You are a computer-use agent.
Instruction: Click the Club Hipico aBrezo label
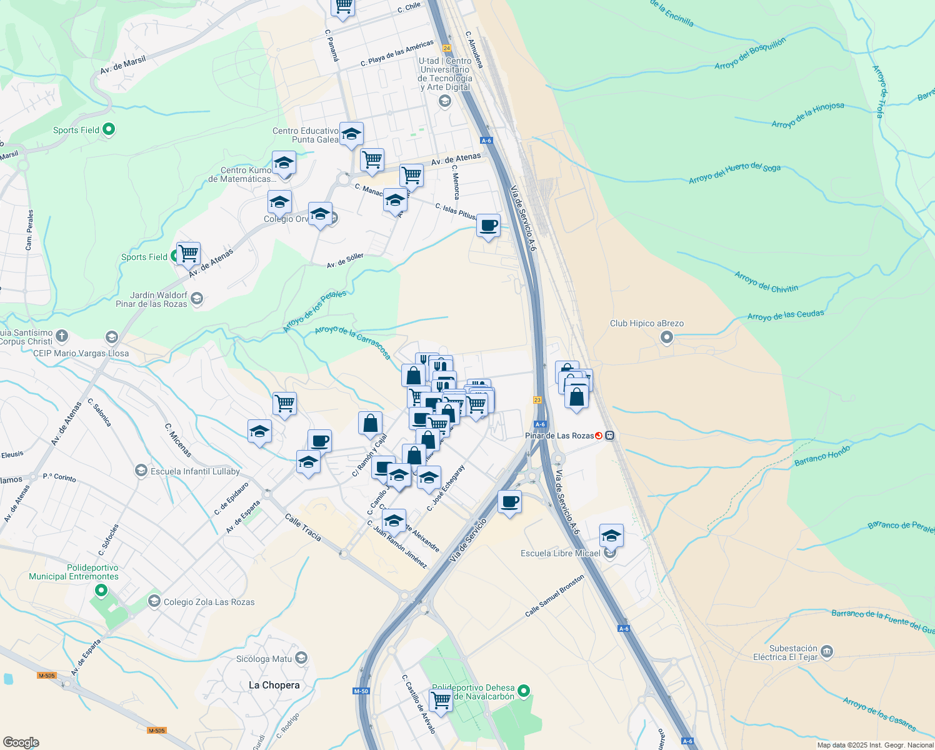coord(646,323)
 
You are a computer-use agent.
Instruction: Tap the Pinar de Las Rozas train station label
coord(559,436)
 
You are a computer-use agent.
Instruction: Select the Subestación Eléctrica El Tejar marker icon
coord(827,652)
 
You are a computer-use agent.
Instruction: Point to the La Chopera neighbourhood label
coord(274,685)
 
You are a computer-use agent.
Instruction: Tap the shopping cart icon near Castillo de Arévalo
coord(441,699)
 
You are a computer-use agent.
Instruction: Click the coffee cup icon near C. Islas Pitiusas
coord(488,226)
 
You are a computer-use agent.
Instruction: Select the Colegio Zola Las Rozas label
coord(209,602)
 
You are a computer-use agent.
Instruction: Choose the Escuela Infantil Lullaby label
coord(195,471)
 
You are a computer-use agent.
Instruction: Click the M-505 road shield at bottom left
coord(47,676)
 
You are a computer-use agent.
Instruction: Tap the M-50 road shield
coord(361,691)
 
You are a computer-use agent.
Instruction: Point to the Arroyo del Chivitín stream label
coord(766,282)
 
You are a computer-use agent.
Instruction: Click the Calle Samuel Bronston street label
coord(554,596)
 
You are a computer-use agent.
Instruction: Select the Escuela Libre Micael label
coord(560,553)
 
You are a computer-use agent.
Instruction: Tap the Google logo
coord(21,742)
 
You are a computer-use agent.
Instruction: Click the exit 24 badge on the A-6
coord(446,48)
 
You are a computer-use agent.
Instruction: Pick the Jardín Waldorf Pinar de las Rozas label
coord(151,299)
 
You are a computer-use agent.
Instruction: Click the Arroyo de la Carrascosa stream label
coord(352,342)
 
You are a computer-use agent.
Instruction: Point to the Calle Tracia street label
coord(303,527)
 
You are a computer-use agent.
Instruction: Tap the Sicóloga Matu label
coord(264,659)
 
